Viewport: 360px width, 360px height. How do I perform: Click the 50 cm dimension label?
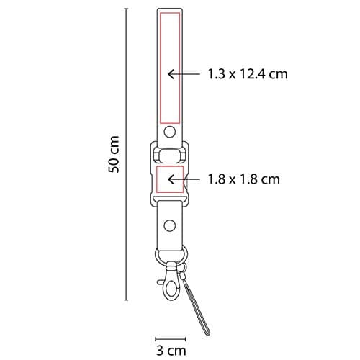[x=114, y=154]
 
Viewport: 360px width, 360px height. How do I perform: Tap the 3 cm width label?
[x=171, y=351]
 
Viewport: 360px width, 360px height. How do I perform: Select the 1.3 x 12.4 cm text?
[x=248, y=74]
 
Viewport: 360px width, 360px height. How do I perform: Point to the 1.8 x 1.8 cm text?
[x=243, y=179]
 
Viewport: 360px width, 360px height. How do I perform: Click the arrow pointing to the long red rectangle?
[x=184, y=74]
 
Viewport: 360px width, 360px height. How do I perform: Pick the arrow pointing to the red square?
[x=184, y=179]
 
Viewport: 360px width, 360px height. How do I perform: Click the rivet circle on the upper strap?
[x=170, y=132]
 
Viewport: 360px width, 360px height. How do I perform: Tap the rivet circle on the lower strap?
[x=170, y=225]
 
